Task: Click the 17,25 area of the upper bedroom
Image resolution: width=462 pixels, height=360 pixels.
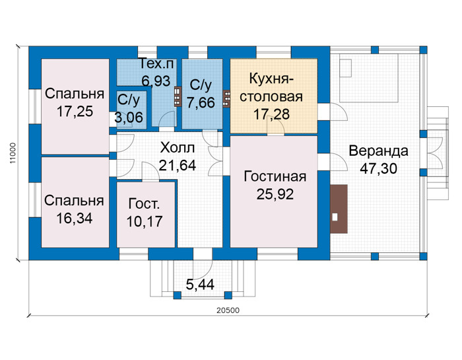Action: (75, 112)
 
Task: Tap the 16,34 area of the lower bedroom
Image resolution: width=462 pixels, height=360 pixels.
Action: (74, 219)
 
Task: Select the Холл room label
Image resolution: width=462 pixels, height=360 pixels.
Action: (178, 147)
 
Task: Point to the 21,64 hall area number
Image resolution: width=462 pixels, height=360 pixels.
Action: (178, 165)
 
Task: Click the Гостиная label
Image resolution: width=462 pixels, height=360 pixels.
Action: (275, 176)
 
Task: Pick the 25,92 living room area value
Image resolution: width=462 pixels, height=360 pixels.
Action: (275, 194)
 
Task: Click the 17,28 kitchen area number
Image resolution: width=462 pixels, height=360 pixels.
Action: (272, 114)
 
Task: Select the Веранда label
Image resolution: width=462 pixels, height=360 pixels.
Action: (379, 151)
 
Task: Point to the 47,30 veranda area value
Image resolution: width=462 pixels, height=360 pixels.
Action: (379, 168)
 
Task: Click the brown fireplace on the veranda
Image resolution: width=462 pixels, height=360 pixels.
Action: (339, 209)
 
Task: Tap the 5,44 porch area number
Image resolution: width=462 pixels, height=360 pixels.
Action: (200, 285)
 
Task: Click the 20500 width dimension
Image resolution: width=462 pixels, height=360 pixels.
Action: (228, 310)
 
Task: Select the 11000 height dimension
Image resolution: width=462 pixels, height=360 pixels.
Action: (12, 153)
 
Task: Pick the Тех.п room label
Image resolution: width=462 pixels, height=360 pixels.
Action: (156, 63)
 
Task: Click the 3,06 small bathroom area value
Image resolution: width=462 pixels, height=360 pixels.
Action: (129, 118)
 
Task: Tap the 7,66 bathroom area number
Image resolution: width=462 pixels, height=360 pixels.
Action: (201, 103)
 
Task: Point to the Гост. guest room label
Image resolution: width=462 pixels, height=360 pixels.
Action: (144, 203)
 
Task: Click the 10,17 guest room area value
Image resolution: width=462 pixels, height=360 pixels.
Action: (145, 221)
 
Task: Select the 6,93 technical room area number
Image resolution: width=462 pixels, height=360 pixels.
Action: (156, 81)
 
